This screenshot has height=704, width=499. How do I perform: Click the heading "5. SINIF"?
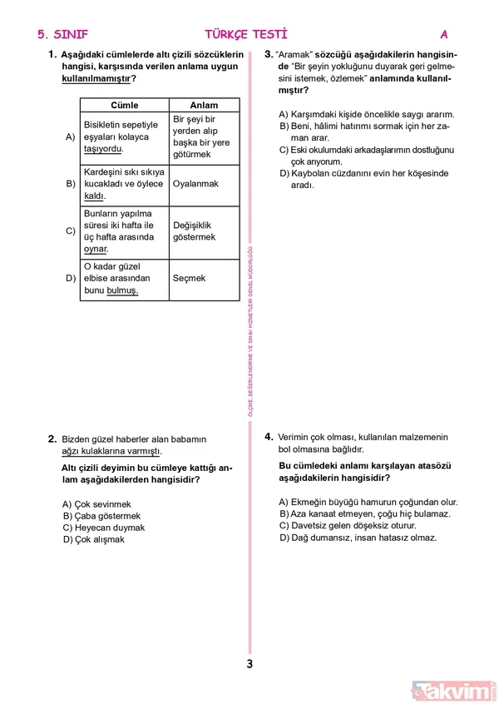click(x=62, y=34)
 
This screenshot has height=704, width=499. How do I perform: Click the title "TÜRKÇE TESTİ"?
click(x=246, y=34)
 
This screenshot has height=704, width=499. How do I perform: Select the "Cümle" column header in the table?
click(x=125, y=106)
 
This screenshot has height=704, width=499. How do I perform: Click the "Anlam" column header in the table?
click(x=204, y=106)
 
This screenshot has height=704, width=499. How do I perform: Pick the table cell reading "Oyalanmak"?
click(x=195, y=184)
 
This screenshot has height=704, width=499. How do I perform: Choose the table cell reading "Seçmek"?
click(x=189, y=279)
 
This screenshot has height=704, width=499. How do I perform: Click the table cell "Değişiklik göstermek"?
click(x=194, y=231)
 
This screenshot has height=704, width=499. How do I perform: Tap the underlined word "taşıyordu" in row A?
click(x=103, y=149)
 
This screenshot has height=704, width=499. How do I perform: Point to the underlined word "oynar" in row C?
click(x=96, y=249)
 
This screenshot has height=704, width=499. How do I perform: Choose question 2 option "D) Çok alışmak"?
click(x=93, y=539)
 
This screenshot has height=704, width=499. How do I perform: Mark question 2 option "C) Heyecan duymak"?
click(x=103, y=528)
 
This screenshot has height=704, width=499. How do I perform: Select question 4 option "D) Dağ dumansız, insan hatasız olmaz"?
click(x=358, y=538)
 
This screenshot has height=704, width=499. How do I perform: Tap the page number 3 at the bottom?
click(x=249, y=663)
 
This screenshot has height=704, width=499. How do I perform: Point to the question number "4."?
click(x=269, y=437)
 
